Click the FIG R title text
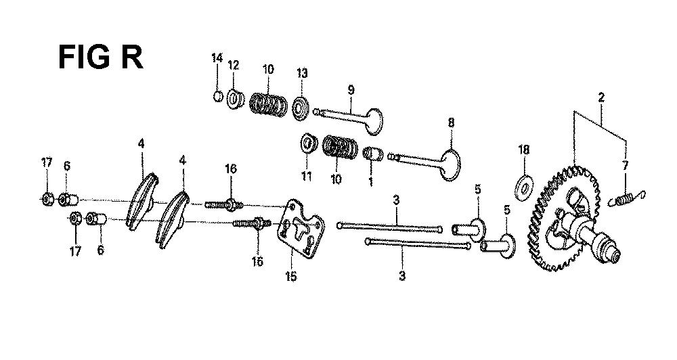click(100, 58)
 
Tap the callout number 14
click(217, 58)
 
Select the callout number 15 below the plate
click(291, 276)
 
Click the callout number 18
click(524, 150)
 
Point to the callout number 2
click(601, 97)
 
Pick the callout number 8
click(451, 122)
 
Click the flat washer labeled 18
click(525, 187)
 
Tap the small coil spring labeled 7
click(626, 198)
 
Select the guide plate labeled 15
click(300, 229)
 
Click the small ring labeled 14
click(218, 96)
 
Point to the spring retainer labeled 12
click(236, 99)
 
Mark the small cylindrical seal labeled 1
click(374, 154)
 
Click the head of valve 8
click(451, 164)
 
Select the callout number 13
click(302, 72)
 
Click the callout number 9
click(351, 90)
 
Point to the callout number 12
click(233, 65)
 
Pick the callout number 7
click(625, 165)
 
